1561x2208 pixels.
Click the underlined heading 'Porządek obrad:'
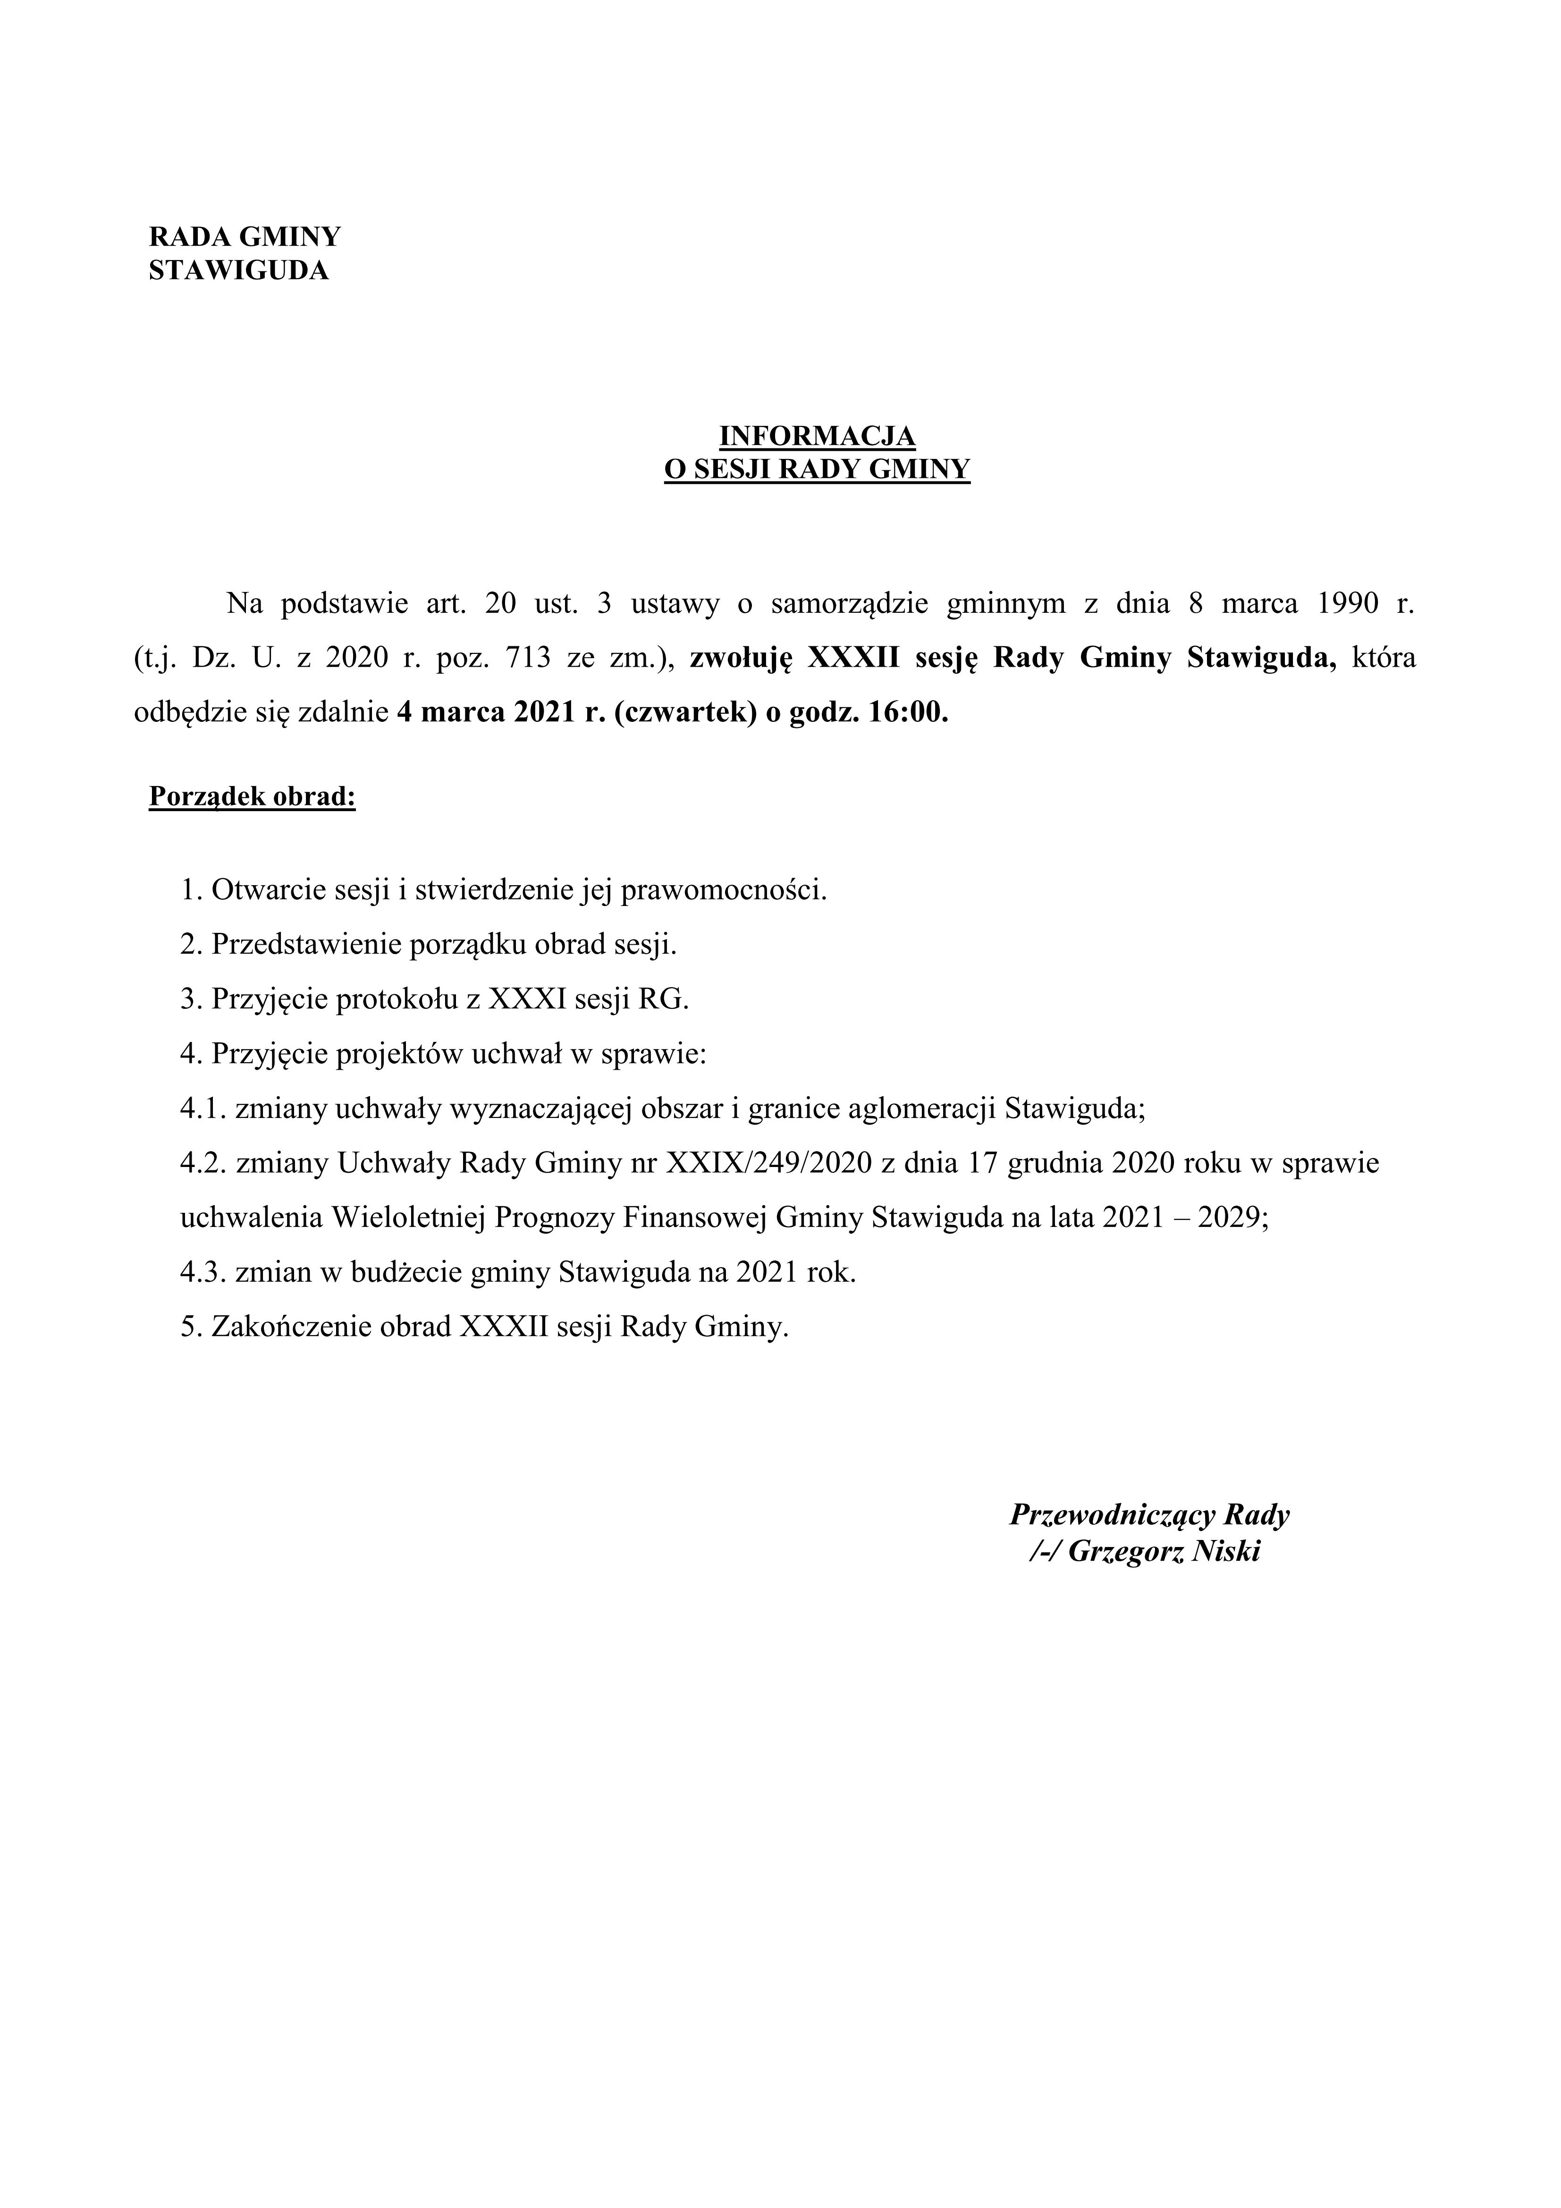pyautogui.click(x=252, y=797)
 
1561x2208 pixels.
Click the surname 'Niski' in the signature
pyautogui.click(x=1225, y=1551)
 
